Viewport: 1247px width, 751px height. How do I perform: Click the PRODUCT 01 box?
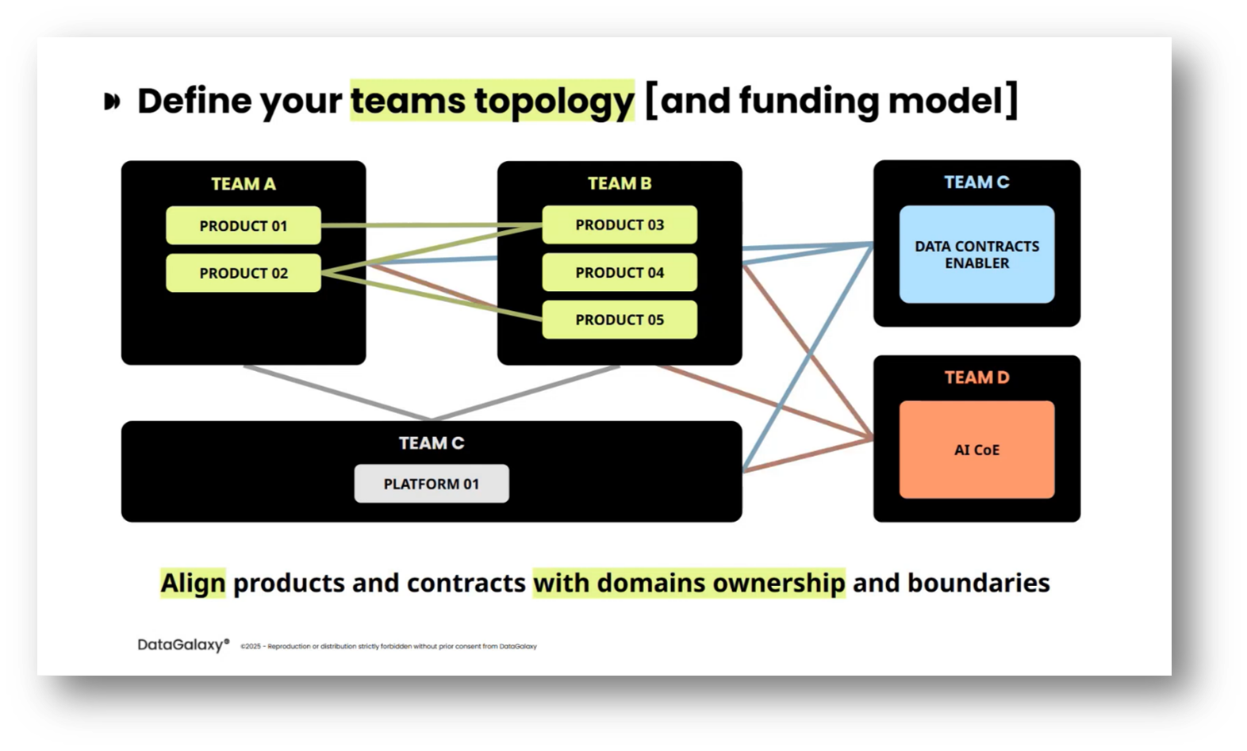243,226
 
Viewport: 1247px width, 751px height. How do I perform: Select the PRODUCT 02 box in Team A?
243,273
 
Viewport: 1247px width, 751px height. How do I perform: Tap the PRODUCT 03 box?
620,225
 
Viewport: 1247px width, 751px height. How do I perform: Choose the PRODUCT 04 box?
620,273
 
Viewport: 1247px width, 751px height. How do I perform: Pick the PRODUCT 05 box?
620,320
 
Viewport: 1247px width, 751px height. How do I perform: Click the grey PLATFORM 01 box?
432,484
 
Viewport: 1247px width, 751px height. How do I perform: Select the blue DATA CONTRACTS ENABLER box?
976,255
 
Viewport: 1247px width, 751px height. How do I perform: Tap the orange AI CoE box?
976,450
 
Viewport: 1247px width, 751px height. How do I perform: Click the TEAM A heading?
243,184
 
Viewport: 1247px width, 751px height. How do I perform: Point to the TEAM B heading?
620,183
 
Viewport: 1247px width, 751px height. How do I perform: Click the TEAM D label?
976,377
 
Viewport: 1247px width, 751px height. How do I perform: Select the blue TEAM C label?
976,182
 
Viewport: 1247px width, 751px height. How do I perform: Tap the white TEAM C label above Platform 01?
432,443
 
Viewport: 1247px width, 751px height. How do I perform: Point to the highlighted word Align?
193,583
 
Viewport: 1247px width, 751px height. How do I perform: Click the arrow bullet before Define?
113,102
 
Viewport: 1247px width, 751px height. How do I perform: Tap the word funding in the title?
808,101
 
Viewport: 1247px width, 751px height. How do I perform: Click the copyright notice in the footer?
389,646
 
